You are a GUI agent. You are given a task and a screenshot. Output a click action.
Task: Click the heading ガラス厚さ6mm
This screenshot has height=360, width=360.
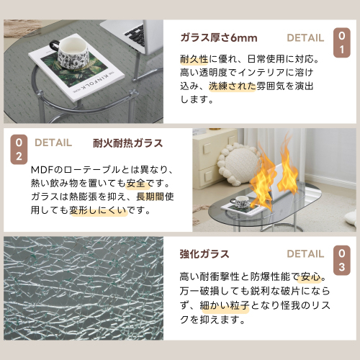point(218,38)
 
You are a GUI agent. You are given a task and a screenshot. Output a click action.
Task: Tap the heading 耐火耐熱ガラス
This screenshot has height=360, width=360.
point(127,143)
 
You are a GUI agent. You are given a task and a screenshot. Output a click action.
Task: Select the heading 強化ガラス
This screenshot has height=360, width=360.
point(204,253)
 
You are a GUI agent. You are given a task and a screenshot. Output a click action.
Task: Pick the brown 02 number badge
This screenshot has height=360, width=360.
point(18,148)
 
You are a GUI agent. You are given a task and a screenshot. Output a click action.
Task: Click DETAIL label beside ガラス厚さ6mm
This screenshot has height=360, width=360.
point(305,38)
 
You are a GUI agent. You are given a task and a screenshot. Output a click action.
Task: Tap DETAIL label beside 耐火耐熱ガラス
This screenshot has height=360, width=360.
point(53,143)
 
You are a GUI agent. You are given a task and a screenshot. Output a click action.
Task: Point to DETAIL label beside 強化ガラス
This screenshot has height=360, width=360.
point(305,253)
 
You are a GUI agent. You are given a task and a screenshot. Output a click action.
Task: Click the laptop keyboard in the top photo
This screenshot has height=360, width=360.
point(132,33)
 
